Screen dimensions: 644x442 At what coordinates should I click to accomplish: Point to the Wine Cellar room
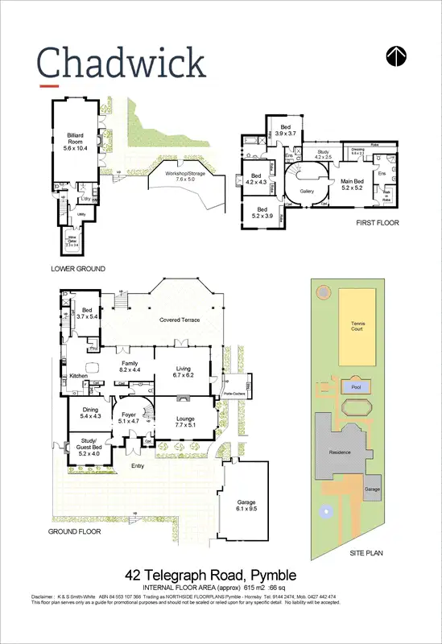[71, 240]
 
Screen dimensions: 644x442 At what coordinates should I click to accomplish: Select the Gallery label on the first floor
[306, 192]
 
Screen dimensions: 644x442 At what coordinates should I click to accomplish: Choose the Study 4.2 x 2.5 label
[323, 155]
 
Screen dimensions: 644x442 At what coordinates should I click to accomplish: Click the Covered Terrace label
[179, 320]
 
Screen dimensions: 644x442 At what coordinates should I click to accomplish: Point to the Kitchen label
[77, 376]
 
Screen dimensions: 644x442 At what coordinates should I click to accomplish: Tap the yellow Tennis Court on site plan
[357, 327]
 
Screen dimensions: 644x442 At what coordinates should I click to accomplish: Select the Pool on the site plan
[356, 387]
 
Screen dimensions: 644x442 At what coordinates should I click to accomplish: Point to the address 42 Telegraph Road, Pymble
[212, 575]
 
